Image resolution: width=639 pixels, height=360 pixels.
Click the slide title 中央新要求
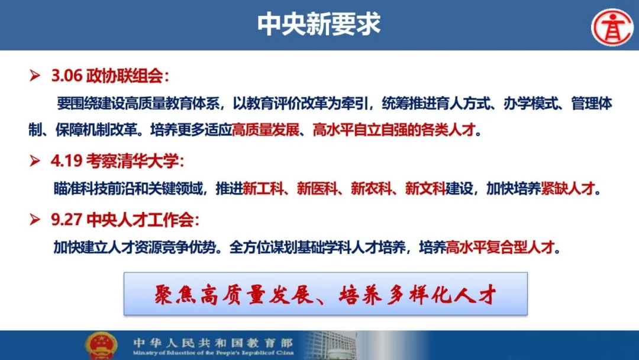[319, 24]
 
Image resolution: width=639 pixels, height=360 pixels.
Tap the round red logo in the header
[612, 27]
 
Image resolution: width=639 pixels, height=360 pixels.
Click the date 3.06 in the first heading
[67, 76]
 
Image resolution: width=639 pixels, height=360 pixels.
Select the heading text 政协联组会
[124, 76]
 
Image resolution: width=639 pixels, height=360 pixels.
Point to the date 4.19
[66, 161]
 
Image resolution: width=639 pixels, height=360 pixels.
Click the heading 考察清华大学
[132, 161]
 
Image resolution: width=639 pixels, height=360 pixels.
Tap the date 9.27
[67, 220]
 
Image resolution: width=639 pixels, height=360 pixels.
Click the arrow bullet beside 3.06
[35, 75]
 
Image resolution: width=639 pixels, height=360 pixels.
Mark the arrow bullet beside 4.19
[35, 160]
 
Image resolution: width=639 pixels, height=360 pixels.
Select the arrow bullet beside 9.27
[35, 219]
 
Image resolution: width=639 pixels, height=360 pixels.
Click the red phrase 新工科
[263, 188]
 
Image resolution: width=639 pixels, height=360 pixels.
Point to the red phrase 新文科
[425, 188]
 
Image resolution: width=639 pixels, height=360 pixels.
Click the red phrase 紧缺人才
[567, 188]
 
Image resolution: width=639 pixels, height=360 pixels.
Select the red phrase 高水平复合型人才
[501, 247]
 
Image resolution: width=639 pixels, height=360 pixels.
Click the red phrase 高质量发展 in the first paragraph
[266, 130]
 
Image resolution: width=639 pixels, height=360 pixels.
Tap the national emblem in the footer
[101, 346]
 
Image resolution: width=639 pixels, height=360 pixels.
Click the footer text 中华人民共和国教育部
[213, 342]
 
